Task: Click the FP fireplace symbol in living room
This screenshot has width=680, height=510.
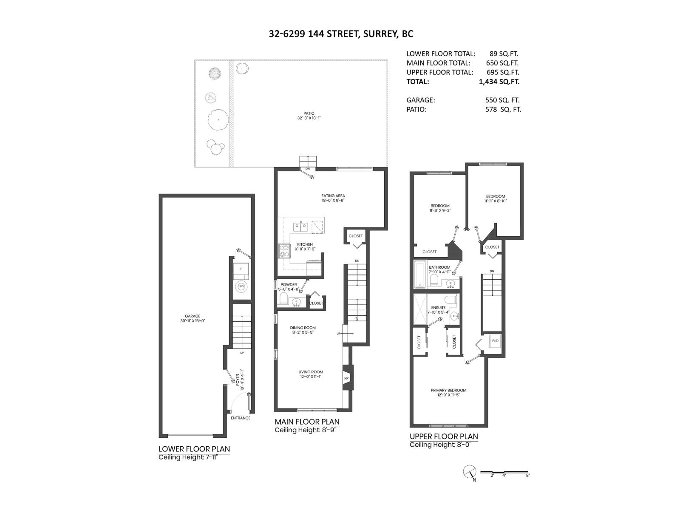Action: coord(346,378)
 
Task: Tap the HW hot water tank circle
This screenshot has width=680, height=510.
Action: coord(241,286)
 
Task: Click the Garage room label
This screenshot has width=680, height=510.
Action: coord(192,316)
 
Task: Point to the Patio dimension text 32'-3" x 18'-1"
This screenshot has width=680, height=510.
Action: coord(309,118)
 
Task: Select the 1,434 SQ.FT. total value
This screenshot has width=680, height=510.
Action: coord(499,82)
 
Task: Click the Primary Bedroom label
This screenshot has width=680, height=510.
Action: coord(448,390)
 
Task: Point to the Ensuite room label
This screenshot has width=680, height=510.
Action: coord(438,307)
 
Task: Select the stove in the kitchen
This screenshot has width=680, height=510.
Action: coord(284,251)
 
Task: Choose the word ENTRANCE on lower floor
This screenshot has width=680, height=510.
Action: coord(241,418)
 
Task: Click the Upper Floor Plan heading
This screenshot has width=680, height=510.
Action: coord(443,436)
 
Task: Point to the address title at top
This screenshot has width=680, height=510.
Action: coord(341,34)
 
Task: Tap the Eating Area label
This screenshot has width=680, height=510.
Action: coord(333,196)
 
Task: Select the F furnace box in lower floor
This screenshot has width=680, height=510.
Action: coord(241,269)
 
